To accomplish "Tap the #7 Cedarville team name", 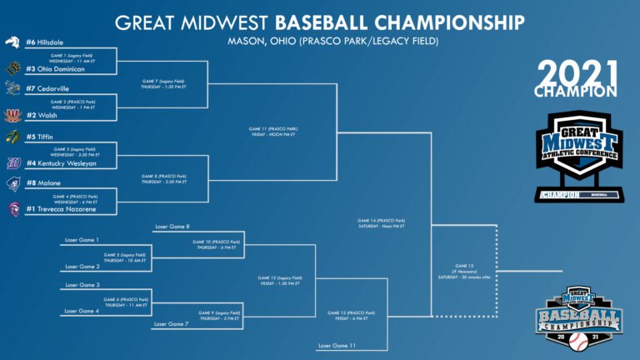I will pos(48,88).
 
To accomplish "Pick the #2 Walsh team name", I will pos(42,115).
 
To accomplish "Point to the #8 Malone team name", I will pos(43,182).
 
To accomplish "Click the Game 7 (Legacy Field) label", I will pos(162,83).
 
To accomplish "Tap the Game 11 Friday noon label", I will pos(273,131).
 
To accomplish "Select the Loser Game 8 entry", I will pos(172,227).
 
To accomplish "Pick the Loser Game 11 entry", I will pos(337,345).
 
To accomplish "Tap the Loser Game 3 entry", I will pos(82,285).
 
